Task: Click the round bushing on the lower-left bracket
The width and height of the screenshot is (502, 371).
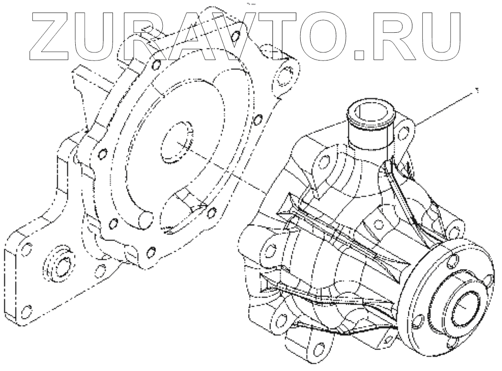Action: [x=59, y=267]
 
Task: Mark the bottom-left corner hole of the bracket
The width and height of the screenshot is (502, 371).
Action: [x=27, y=310]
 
